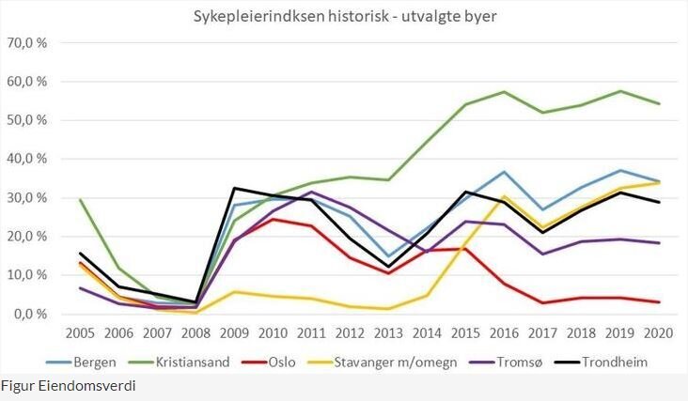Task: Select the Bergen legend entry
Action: (x=86, y=361)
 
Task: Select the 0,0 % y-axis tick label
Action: (x=28, y=314)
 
